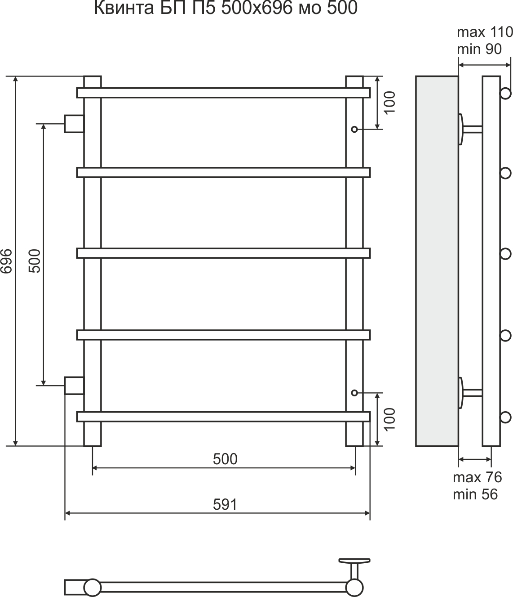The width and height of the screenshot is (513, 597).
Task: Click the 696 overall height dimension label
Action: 6,261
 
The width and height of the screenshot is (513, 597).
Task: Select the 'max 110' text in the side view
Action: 485,32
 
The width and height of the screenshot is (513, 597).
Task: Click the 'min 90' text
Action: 479,49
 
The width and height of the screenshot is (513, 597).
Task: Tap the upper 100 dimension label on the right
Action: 390,103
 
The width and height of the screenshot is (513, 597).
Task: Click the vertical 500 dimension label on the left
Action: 35,261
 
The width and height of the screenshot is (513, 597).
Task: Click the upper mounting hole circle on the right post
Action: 354,130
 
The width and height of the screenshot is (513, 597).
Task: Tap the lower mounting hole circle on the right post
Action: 354,393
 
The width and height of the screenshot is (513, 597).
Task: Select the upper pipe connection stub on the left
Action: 74,124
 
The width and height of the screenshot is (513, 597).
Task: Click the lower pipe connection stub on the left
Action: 74,386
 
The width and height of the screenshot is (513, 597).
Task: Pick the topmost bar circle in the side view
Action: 505,94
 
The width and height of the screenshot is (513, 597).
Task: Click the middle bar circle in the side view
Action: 505,254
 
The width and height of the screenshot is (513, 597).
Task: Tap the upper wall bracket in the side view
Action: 469,129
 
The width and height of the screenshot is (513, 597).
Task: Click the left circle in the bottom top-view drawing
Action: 93,588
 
